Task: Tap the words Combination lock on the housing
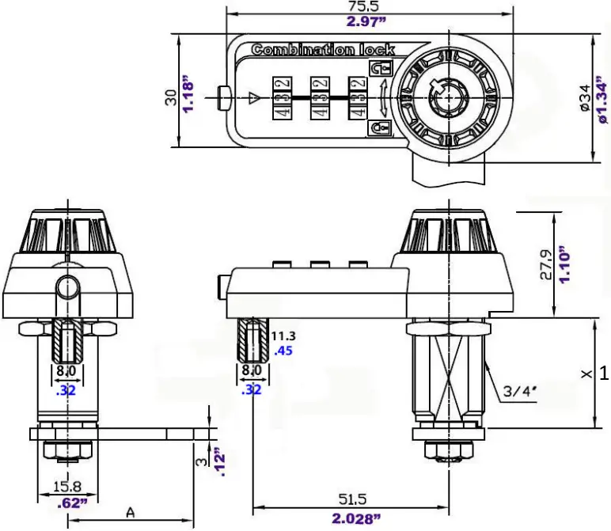(323, 50)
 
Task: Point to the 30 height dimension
(169, 97)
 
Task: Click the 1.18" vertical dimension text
(188, 95)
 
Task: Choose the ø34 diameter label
(584, 97)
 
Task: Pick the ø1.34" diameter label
(601, 97)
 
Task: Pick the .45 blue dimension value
(282, 351)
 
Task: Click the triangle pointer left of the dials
(253, 97)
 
